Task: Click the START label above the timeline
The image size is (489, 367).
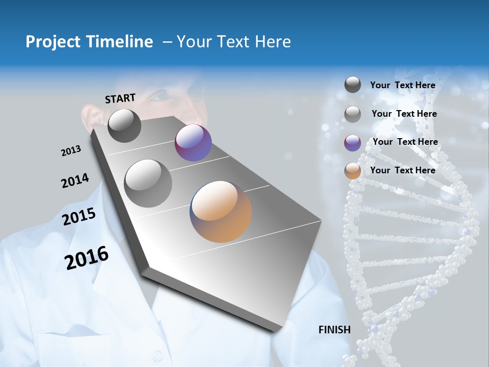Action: (120, 98)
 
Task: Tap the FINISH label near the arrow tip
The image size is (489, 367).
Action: (334, 330)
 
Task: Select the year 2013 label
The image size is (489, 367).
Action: (71, 151)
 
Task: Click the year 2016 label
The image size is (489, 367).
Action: (87, 258)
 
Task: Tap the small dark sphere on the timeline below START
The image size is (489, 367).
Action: (124, 125)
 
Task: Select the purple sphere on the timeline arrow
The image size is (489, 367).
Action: (193, 143)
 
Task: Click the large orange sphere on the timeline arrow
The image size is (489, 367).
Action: (221, 211)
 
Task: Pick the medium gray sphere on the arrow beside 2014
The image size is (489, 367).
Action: (148, 183)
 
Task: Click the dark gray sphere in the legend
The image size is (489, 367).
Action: (352, 85)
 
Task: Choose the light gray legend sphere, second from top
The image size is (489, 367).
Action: (352, 114)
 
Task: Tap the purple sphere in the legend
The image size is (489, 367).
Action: (352, 143)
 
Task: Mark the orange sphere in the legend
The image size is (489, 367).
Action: (352, 171)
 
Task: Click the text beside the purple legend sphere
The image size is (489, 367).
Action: (405, 142)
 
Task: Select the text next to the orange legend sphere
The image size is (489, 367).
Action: (402, 170)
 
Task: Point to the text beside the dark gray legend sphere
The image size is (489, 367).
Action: (402, 85)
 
